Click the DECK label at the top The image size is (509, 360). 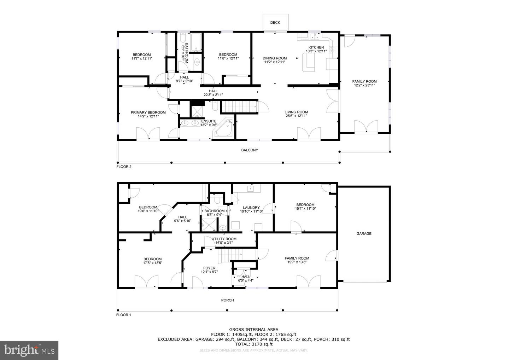[275, 23]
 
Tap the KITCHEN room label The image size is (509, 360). [316, 47]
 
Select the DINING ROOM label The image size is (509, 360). [275, 58]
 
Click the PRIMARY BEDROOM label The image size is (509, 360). [148, 112]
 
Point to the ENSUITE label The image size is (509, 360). [209, 121]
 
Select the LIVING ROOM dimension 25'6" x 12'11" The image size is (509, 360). [296, 116]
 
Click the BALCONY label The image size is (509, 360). [250, 150]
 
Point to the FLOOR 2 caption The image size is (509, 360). [124, 167]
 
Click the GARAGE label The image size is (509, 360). [364, 234]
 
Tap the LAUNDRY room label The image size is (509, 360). [251, 208]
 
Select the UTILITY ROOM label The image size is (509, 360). [224, 239]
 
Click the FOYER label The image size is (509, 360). [209, 268]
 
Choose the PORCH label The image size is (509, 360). [228, 300]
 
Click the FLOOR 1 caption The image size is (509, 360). [124, 315]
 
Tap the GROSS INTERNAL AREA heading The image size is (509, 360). [253, 329]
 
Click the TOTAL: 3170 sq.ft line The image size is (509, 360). [253, 344]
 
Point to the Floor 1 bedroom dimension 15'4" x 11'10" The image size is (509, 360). [305, 209]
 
